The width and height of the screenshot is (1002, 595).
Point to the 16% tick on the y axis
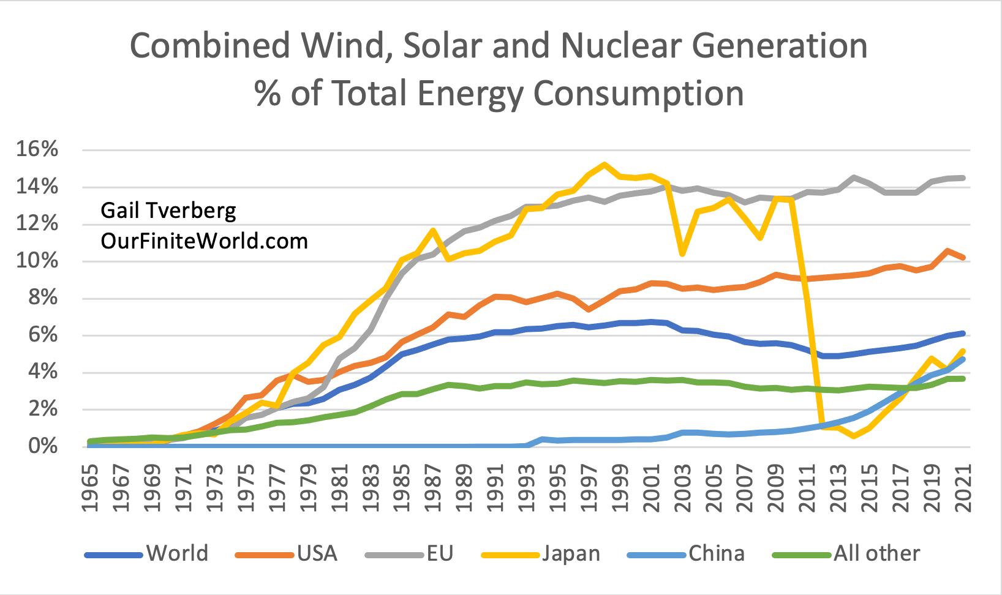click(x=37, y=149)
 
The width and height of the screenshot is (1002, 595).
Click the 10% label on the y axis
click(x=37, y=261)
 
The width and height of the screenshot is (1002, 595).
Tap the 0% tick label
click(x=43, y=446)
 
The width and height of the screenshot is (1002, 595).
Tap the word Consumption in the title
click(x=638, y=94)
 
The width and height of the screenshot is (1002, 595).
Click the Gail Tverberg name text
click(x=168, y=211)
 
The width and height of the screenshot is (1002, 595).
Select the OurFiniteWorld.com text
click(x=204, y=241)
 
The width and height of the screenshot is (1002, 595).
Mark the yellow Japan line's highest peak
click(x=605, y=164)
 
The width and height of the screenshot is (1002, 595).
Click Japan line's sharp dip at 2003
click(x=682, y=253)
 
